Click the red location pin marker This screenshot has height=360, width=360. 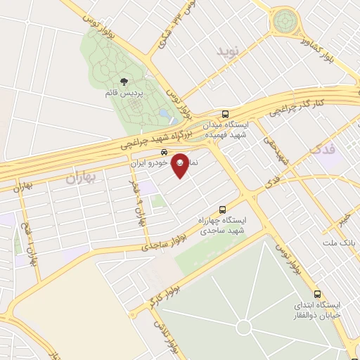click(x=180, y=165)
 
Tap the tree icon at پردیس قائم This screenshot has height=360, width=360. click(x=124, y=82)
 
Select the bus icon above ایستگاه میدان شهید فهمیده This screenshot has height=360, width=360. click(x=225, y=113)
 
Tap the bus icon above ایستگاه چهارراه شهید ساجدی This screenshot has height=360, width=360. click(x=223, y=210)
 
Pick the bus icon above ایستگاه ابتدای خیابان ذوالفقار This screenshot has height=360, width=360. click(x=317, y=294)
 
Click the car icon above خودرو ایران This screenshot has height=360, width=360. click(x=163, y=152)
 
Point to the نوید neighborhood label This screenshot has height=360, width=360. click(x=228, y=52)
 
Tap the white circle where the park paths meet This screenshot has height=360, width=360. click(x=243, y=328)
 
